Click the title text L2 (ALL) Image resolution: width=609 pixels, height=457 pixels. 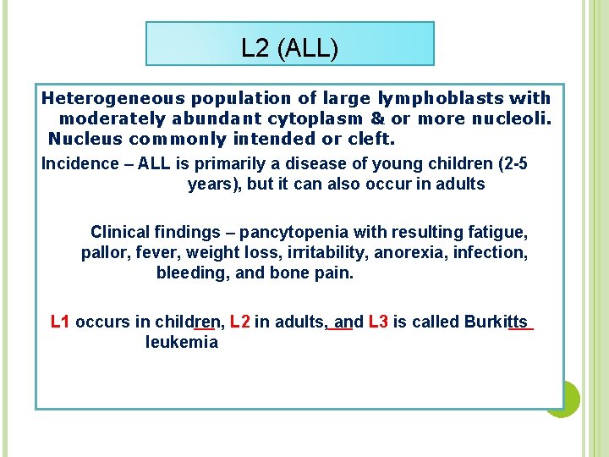pos(289,48)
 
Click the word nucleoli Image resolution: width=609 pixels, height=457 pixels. pos(511,118)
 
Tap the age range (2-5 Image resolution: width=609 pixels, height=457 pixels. pos(505,163)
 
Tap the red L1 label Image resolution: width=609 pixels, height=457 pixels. pos(61,322)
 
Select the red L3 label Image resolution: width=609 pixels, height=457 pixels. pos(378,322)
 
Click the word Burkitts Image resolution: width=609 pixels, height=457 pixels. pos(496,322)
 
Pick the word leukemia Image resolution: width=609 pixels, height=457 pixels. pos(181,342)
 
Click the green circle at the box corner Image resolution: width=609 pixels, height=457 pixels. pos(563,399)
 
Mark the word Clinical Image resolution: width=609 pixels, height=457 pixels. pos(119,232)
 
